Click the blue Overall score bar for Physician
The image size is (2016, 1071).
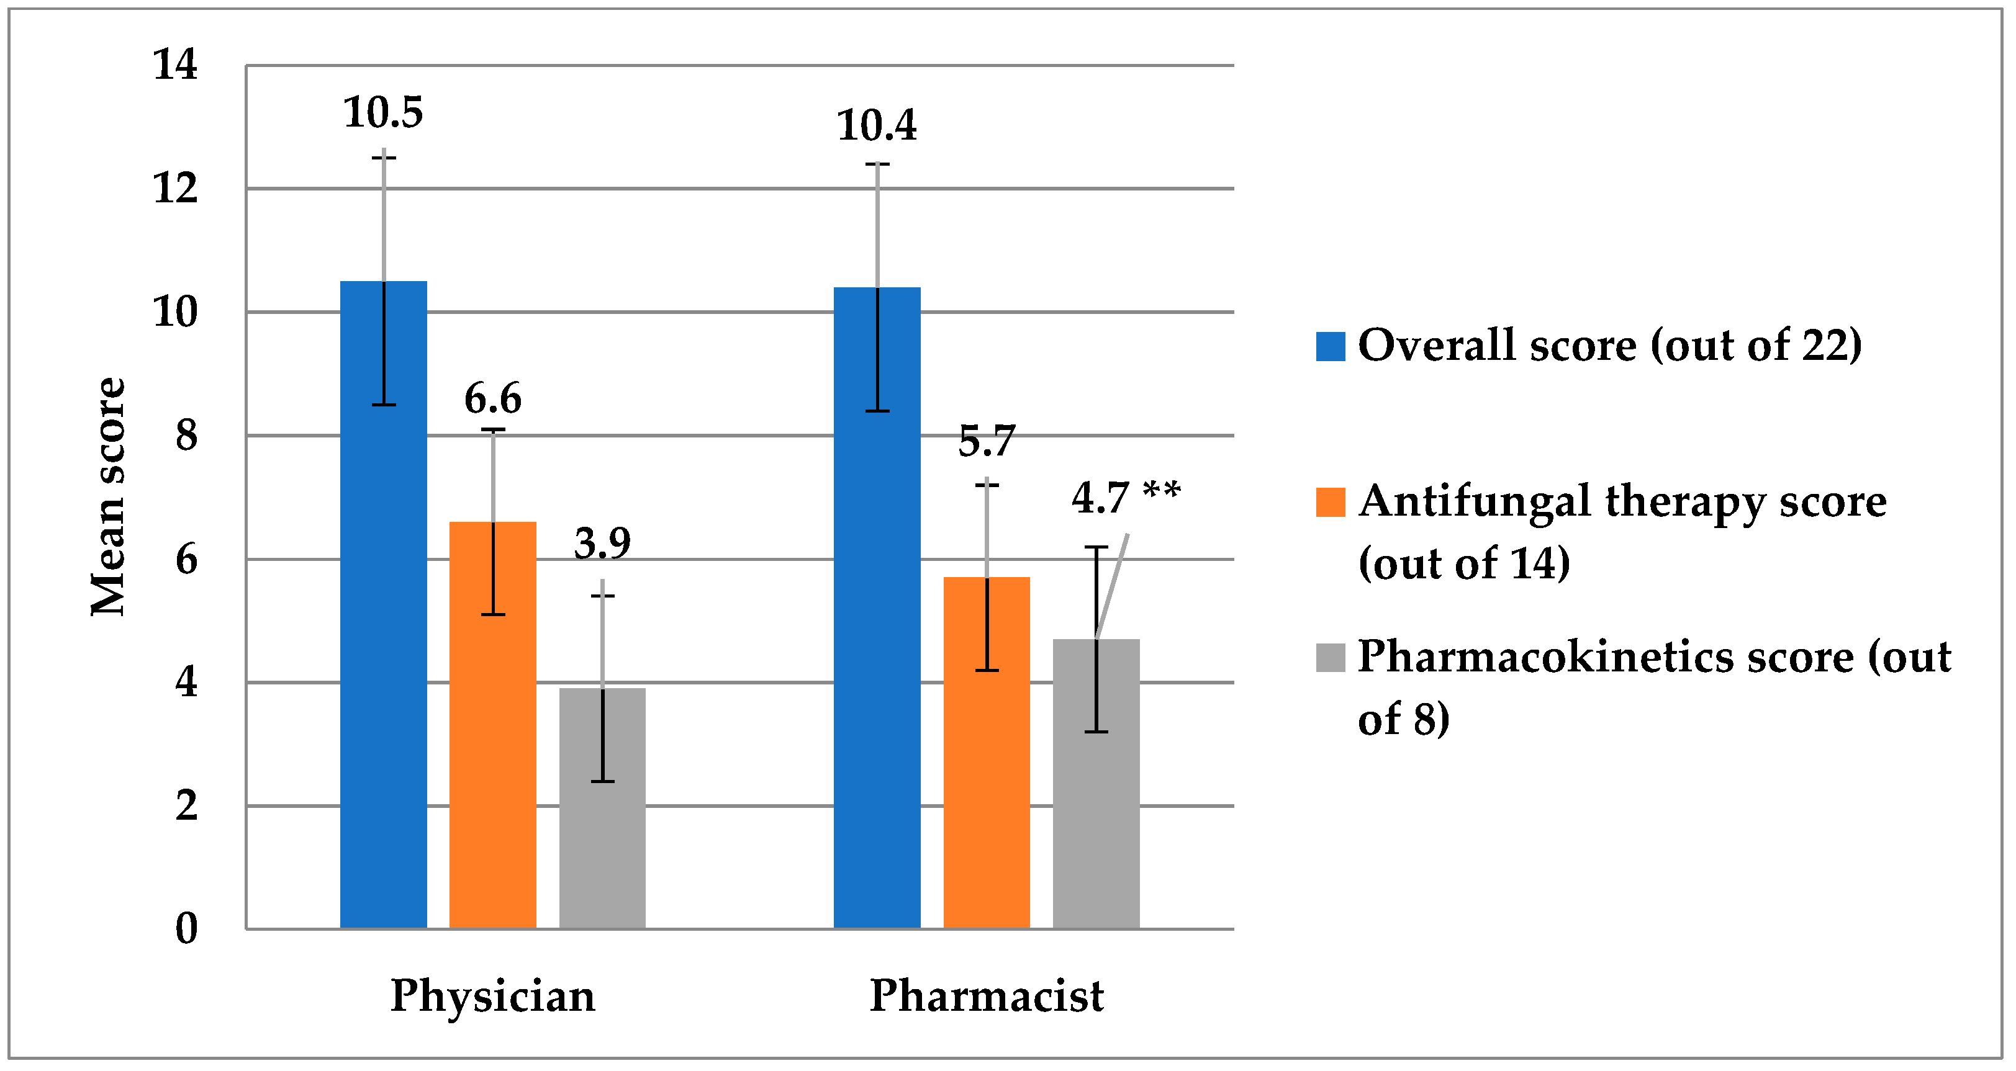coord(384,626)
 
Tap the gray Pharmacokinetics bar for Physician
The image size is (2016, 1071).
coord(603,822)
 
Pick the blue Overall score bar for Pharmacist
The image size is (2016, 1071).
coord(877,626)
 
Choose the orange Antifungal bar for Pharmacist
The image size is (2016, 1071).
coord(986,767)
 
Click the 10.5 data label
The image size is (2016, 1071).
coord(384,113)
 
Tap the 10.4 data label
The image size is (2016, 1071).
coord(877,126)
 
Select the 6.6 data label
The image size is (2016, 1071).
coord(493,399)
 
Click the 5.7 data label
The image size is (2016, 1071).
coord(986,441)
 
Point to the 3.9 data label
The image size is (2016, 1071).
coord(603,544)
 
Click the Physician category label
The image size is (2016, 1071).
coord(493,996)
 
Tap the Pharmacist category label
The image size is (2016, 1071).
coord(986,996)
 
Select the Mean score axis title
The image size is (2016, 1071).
coord(108,498)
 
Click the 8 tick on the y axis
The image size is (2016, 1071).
coord(186,436)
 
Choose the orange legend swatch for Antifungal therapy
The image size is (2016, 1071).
coord(1331,502)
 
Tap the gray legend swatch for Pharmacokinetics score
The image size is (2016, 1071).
coord(1331,658)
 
